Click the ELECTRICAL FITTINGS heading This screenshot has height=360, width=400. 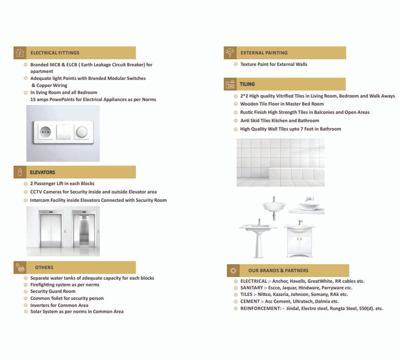[55, 53]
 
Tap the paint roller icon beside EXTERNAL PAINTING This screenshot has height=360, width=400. [230, 53]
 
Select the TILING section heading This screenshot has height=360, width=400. [247, 84]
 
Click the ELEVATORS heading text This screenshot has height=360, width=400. [42, 172]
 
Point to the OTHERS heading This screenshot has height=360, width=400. [44, 267]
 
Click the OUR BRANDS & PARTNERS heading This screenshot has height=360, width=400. [278, 271]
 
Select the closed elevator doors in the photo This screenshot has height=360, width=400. [50, 230]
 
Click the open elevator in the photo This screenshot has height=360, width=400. [83, 230]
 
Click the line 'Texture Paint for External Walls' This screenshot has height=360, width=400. [274, 64]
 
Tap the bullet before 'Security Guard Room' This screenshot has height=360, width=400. [26, 291]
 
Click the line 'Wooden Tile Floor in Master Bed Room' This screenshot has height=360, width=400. [282, 104]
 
